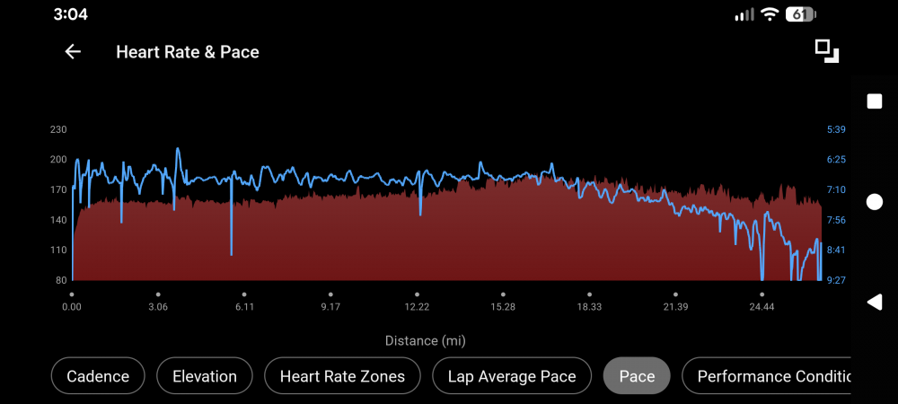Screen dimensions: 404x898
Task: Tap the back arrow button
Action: pos(73,52)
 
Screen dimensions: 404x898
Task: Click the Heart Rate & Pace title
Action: pos(187,52)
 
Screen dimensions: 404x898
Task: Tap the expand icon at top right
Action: pos(826,51)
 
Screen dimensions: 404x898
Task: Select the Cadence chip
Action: pos(98,376)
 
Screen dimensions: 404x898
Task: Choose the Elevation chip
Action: pos(204,376)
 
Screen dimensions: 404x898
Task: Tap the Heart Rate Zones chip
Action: pos(342,376)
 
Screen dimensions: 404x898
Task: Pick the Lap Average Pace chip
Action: pos(512,376)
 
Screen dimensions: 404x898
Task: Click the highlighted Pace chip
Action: pos(637,376)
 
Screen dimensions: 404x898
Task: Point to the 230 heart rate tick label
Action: pos(58,129)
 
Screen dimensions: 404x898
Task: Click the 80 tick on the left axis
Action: pos(61,280)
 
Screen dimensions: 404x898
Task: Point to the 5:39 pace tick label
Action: pos(836,129)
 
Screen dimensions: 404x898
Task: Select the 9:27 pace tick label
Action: pos(836,280)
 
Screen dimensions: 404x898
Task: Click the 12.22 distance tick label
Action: pos(417,307)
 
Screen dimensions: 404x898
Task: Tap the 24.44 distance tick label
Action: pos(762,307)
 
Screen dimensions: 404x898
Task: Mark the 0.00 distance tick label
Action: pos(72,307)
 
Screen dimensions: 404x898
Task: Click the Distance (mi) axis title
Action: pos(426,341)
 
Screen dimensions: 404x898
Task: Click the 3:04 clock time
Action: pos(71,14)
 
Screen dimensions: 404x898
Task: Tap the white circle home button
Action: pos(874,202)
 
